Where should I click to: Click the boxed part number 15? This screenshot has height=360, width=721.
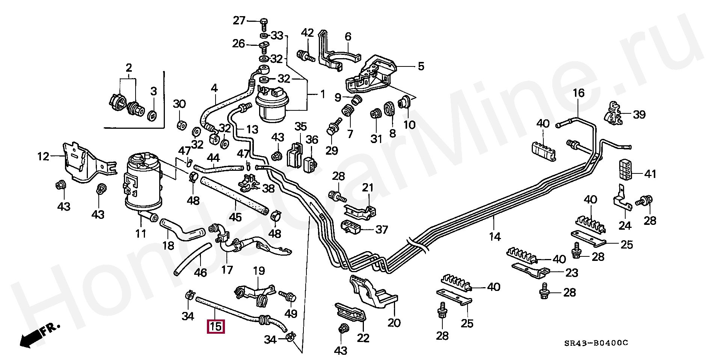click(x=216, y=327)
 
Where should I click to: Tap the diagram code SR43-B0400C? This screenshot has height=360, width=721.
click(x=596, y=343)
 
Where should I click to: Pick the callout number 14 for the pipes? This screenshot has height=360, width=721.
click(x=495, y=236)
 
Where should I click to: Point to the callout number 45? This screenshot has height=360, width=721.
click(x=235, y=217)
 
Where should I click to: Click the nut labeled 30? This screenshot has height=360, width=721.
click(x=181, y=125)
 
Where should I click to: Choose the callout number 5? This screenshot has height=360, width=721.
click(x=421, y=66)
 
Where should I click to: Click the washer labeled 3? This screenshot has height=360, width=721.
click(x=152, y=115)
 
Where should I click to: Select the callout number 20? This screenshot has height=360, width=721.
click(x=394, y=322)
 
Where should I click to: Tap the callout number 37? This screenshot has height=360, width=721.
click(x=381, y=229)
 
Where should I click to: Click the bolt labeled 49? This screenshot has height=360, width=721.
click(x=288, y=297)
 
